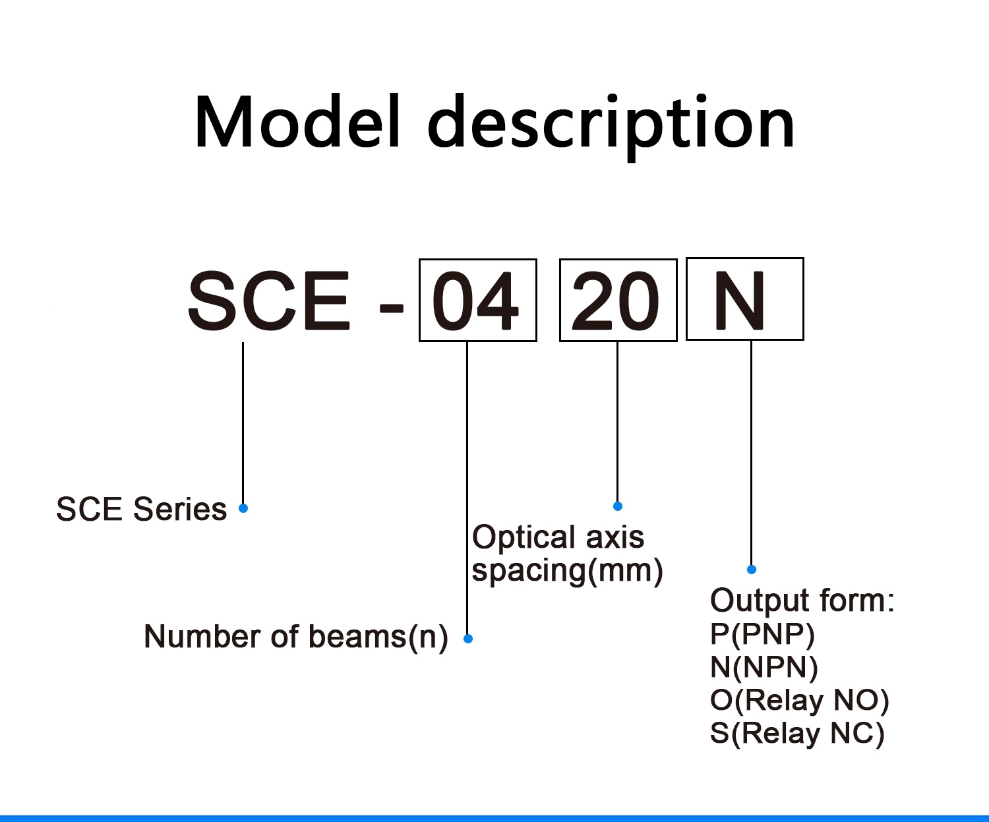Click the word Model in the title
(297, 123)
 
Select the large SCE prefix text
(269, 301)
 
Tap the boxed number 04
(477, 301)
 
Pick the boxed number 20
(618, 301)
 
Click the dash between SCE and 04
(391, 308)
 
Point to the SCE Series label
(141, 510)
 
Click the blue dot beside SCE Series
(243, 508)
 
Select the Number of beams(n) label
(295, 637)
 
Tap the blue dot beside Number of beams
(468, 638)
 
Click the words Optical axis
(558, 537)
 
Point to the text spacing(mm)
(567, 570)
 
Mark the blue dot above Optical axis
(618, 506)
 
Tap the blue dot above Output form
(752, 569)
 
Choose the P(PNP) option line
(762, 634)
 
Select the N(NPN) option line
(764, 667)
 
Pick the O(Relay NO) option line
(799, 700)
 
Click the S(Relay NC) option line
(796, 733)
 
